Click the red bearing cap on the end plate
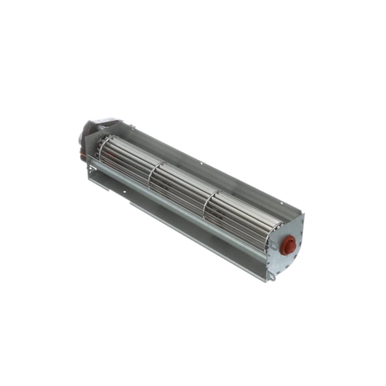[288, 245]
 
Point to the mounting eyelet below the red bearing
[271, 275]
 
